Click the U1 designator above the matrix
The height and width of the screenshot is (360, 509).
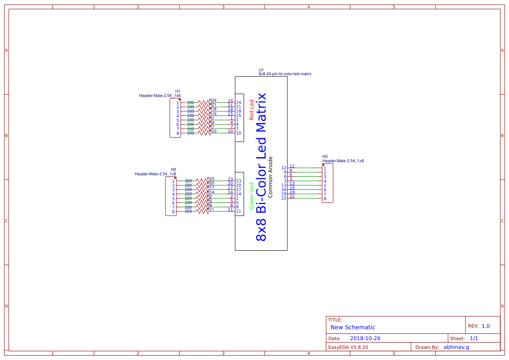click(x=261, y=70)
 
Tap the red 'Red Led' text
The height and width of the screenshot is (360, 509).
click(x=251, y=110)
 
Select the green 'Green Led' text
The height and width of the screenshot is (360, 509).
click(x=251, y=195)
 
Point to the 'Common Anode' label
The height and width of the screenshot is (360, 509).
click(x=270, y=177)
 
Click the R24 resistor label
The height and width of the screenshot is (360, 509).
click(x=213, y=101)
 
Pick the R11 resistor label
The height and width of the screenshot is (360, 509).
click(x=211, y=210)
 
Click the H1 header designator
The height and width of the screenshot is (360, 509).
click(x=178, y=91)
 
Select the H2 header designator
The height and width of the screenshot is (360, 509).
click(x=173, y=169)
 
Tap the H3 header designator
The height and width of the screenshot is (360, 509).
click(x=325, y=156)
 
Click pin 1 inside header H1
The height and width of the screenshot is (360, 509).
click(x=178, y=103)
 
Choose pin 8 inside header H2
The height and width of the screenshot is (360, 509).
click(x=173, y=212)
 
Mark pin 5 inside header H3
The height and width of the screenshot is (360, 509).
click(x=325, y=186)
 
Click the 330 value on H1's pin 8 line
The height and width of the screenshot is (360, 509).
click(x=190, y=133)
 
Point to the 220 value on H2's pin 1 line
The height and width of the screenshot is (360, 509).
click(x=189, y=181)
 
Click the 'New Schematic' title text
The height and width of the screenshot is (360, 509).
click(x=353, y=327)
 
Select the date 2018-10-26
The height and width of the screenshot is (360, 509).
click(x=365, y=338)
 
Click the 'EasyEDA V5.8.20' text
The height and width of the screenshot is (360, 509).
click(x=348, y=347)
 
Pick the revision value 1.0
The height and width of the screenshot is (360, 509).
click(x=485, y=326)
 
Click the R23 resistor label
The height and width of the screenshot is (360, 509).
click(x=211, y=179)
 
